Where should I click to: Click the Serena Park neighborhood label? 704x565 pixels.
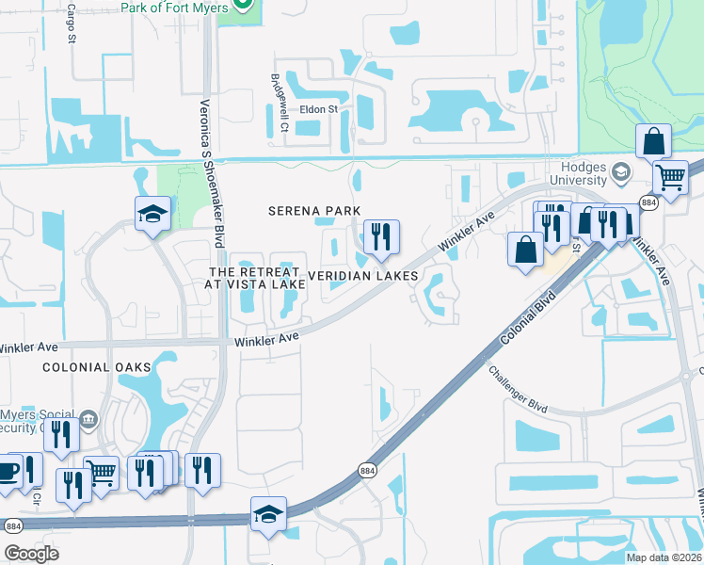(x=315, y=211)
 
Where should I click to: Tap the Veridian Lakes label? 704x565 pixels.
(x=362, y=276)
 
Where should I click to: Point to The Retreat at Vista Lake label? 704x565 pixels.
(x=256, y=277)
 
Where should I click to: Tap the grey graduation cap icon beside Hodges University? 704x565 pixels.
(x=620, y=172)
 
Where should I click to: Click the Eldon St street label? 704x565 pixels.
(x=318, y=109)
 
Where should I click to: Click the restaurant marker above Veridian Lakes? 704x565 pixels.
(x=380, y=236)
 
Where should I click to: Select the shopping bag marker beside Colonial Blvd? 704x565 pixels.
(x=525, y=250)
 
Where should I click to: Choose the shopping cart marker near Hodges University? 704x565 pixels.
(x=669, y=175)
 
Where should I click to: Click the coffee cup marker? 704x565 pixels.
(x=7, y=471)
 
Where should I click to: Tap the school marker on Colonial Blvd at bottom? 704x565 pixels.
(x=268, y=514)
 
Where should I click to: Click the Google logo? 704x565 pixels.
(x=31, y=554)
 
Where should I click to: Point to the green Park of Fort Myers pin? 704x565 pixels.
(x=243, y=5)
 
